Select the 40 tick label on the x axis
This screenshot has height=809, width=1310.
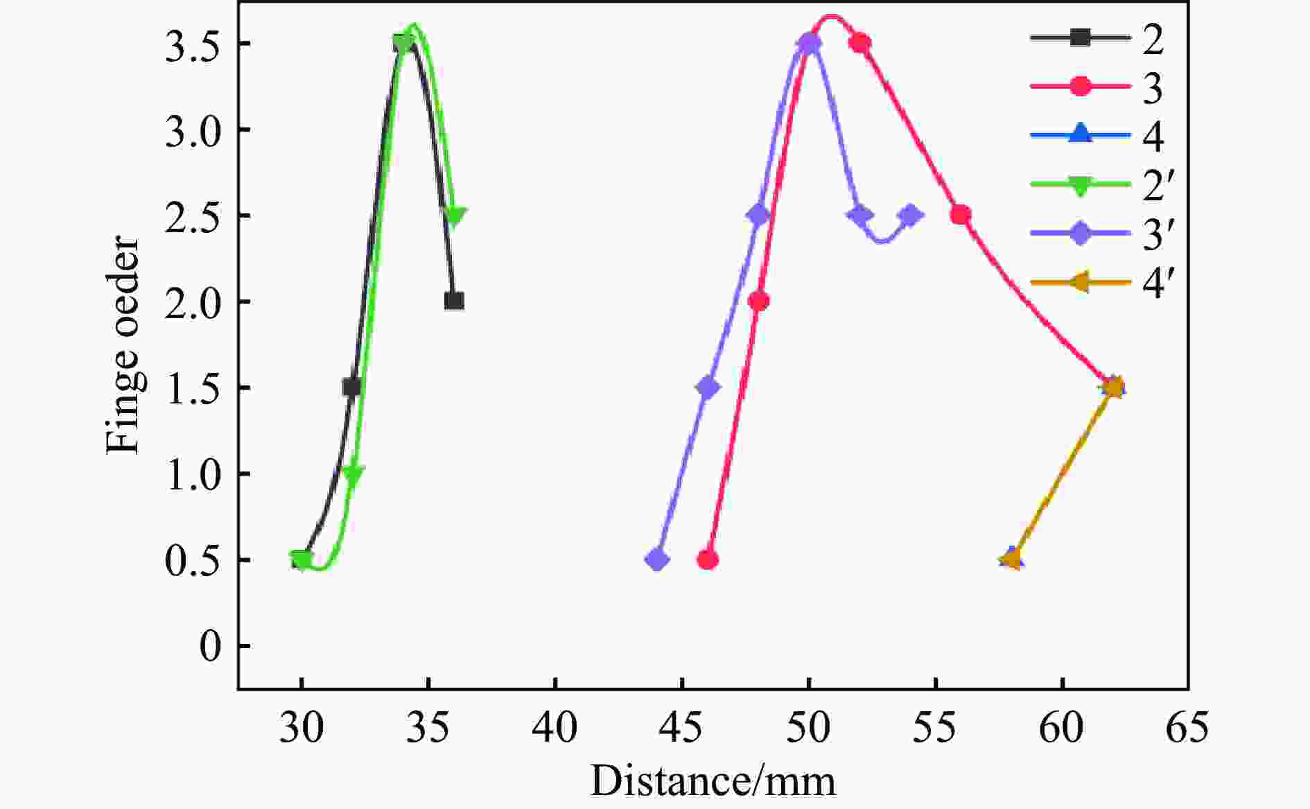point(555,728)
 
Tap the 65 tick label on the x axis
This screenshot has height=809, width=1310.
point(1187,728)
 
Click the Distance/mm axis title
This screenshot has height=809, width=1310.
point(713,781)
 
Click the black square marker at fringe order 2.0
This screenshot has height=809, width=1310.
point(454,301)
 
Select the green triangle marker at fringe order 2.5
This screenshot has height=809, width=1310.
point(455,216)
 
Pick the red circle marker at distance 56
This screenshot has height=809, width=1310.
point(961,215)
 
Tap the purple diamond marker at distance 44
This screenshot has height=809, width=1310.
point(657,559)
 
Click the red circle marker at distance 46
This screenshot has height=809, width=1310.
point(708,559)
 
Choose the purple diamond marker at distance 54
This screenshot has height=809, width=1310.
point(910,215)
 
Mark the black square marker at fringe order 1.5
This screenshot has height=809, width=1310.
point(352,387)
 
